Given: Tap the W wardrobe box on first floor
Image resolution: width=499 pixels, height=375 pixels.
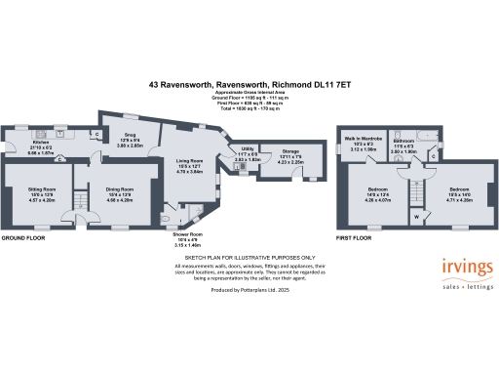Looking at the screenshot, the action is coord(417,217).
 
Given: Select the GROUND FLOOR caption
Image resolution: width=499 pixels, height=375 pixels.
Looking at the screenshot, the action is coord(23,238).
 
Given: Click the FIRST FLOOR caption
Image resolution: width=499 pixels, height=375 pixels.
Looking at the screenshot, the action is coord(354,238).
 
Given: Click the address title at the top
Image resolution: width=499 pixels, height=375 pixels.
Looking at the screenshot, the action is coord(249,85).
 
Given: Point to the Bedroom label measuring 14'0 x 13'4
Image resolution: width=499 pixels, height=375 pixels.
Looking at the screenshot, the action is coord(375,188).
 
